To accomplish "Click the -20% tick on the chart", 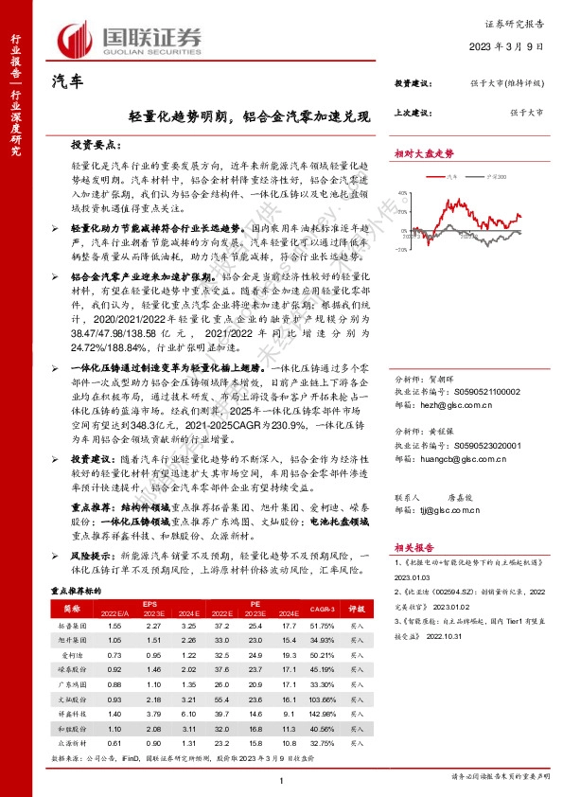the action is coord(402,250).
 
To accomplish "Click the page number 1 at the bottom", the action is coord(281,779).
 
